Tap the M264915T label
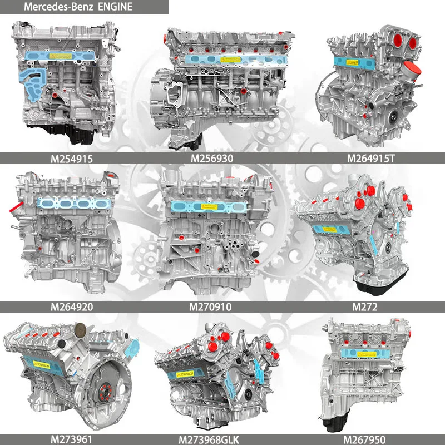[x=371, y=159]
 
